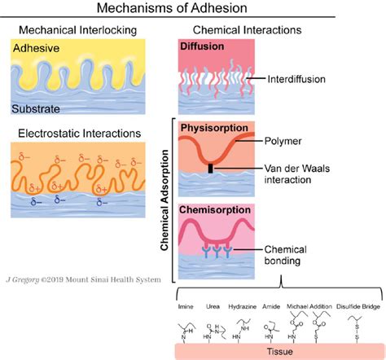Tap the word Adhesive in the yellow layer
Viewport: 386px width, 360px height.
pyautogui.click(x=37, y=48)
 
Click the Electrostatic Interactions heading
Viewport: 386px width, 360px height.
pyautogui.click(x=78, y=134)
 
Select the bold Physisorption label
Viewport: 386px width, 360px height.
pyautogui.click(x=213, y=128)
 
